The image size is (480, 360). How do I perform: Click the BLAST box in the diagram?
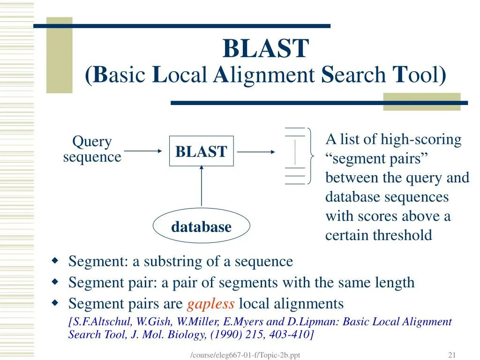coord(201,151)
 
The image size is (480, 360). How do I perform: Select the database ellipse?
coord(201,227)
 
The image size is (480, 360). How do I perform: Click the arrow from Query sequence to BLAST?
coord(142,151)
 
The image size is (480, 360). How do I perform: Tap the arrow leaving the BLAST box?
coord(256,151)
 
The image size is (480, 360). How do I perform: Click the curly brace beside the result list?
coord(311,155)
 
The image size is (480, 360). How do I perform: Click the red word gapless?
coord(210,304)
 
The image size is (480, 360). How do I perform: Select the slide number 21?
coord(452,355)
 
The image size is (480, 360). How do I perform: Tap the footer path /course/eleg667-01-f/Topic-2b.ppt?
coord(245,355)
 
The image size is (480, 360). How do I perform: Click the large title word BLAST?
coord(266,49)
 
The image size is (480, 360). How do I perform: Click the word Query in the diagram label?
coord(92,141)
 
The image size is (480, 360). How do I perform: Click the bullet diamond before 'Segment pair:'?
coord(55,282)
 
